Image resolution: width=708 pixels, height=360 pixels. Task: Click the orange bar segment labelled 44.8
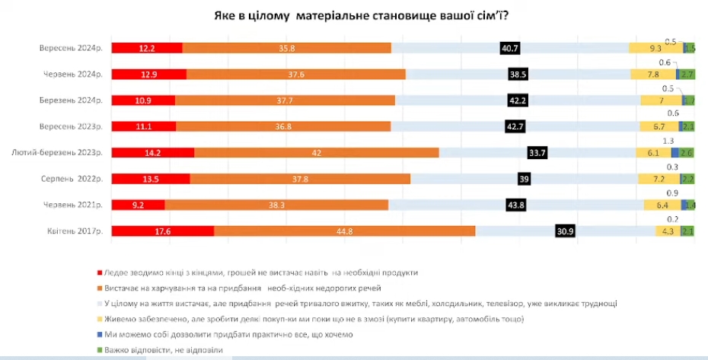pos(345,231)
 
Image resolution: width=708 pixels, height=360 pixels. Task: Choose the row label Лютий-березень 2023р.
pos(57,152)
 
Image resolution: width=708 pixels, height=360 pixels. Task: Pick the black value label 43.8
pos(515,205)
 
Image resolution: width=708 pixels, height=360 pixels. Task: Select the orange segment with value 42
pos(317,152)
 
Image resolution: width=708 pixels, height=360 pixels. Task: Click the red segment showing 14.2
pos(153,152)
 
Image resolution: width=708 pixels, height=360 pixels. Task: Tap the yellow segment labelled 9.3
pos(655,48)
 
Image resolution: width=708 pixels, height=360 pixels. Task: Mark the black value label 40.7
pos(509,48)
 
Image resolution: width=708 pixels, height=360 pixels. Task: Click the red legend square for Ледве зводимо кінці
pos(100,272)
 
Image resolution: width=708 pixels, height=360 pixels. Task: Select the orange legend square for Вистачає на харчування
pos(100,288)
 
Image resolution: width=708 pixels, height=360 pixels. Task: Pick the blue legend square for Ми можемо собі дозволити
pos(100,334)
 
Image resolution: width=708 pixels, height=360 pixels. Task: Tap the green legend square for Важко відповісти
pos(100,349)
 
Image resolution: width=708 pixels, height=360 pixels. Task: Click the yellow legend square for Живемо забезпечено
pos(100,319)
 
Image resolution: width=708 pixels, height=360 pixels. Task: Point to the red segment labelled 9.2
pos(139,205)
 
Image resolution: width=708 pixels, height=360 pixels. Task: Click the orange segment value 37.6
pos(296,74)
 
